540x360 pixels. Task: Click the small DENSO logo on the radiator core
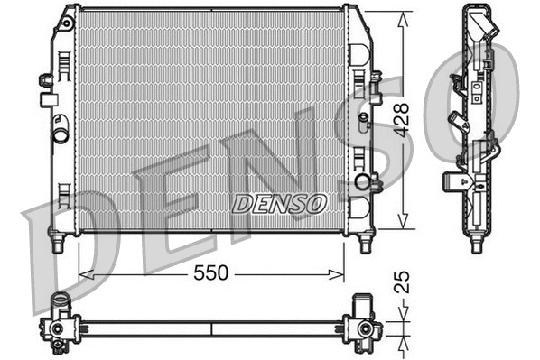point(279,204)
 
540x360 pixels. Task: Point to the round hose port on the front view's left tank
point(61,136)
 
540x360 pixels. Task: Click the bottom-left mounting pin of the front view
point(59,243)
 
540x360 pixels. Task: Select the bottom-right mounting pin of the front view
point(365,243)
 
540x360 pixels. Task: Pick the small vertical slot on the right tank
point(363,119)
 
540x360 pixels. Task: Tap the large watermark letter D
point(63,244)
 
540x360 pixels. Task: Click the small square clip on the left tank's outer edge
point(44,80)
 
